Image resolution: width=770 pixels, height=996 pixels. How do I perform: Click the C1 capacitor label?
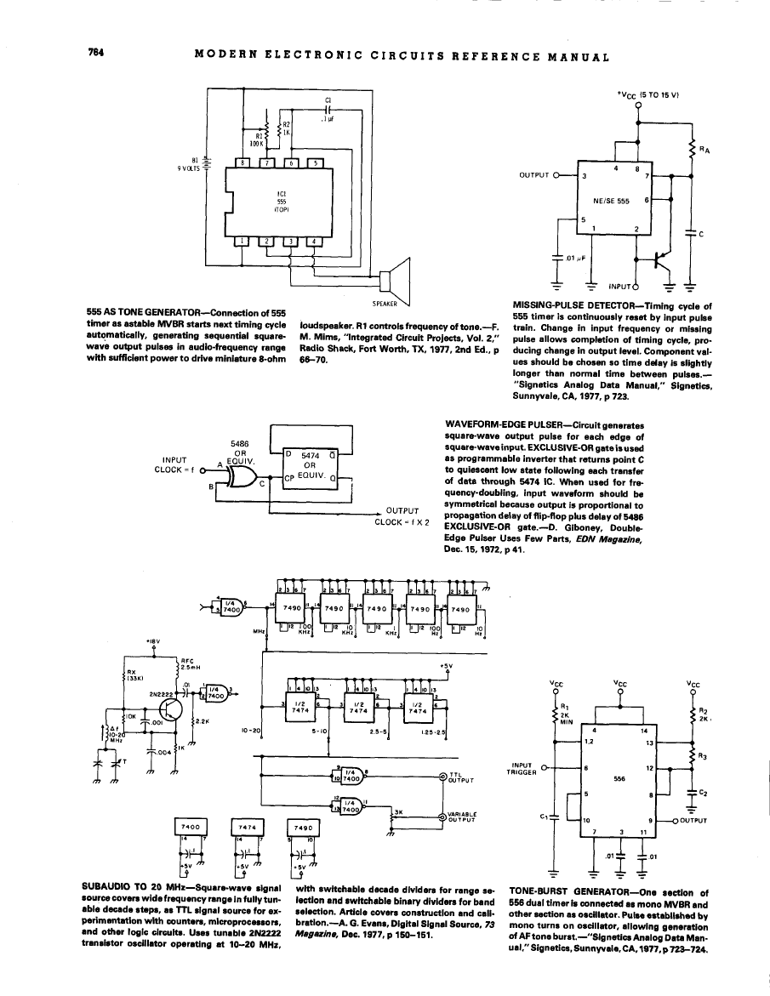pyautogui.click(x=328, y=100)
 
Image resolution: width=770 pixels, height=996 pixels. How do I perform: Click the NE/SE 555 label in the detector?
pyautogui.click(x=610, y=201)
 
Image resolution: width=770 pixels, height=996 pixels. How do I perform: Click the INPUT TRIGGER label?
pyautogui.click(x=518, y=769)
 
